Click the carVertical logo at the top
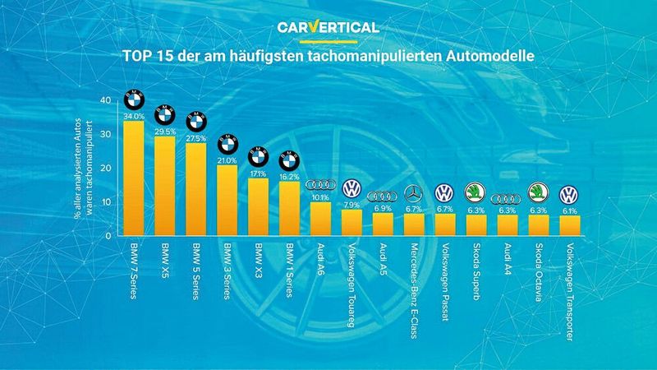coord(328,27)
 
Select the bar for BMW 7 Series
coord(134,177)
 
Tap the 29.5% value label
coord(165,131)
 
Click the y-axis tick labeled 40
coord(104,100)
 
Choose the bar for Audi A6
coord(319,218)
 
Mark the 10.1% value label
coord(319,197)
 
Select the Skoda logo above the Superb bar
coord(476,194)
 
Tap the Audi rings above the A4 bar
coord(506,199)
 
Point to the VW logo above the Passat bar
coord(444,193)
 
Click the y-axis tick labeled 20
coord(104,168)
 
